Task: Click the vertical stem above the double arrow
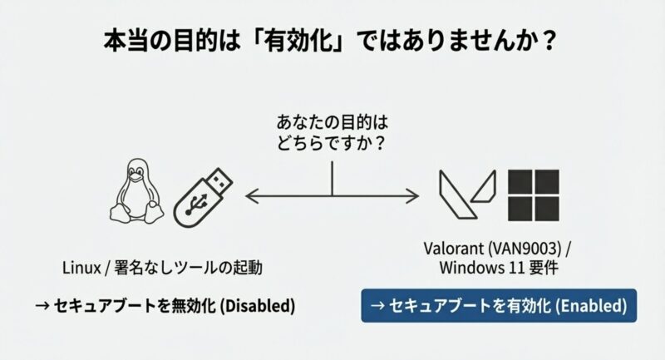332,177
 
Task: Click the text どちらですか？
332,143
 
